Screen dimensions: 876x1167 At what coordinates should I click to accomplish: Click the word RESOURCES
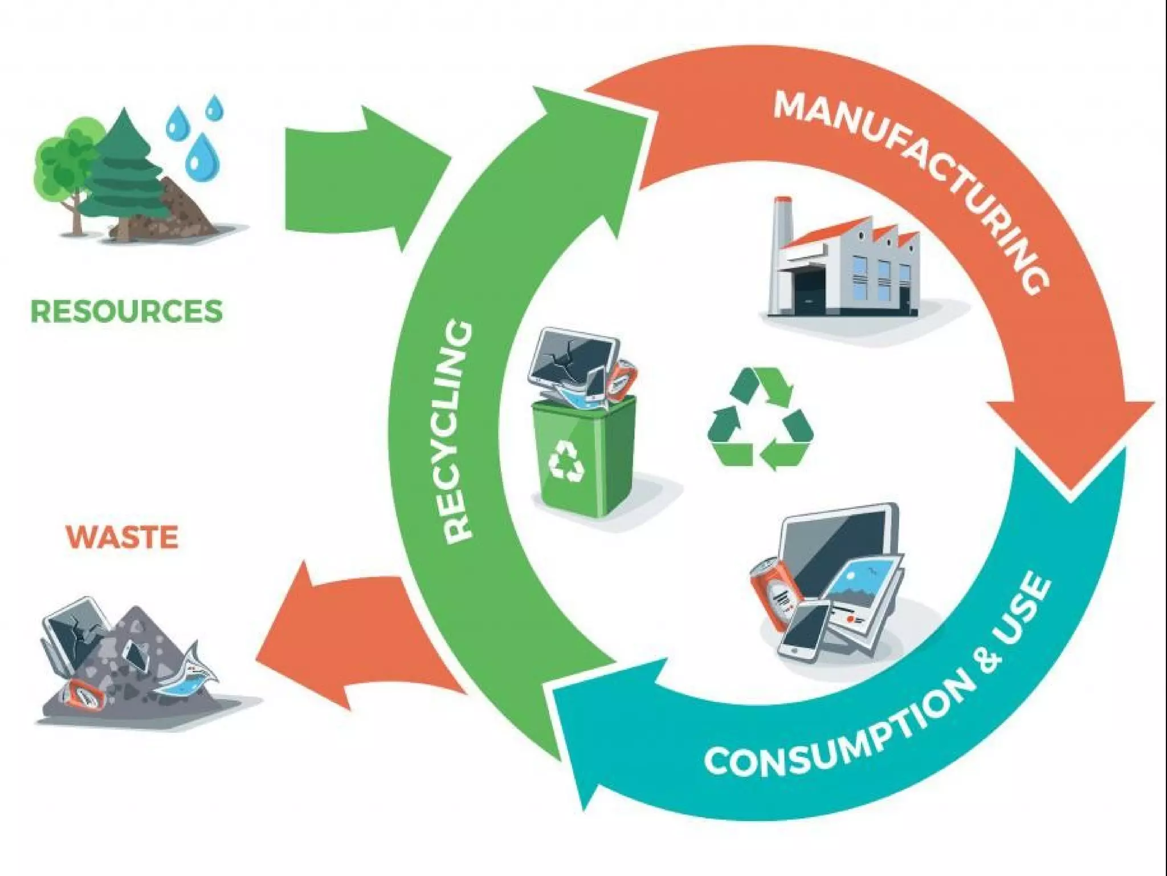(126, 311)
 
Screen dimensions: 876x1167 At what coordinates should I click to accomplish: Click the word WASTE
(122, 537)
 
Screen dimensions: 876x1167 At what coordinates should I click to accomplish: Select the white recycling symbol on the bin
(566, 459)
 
